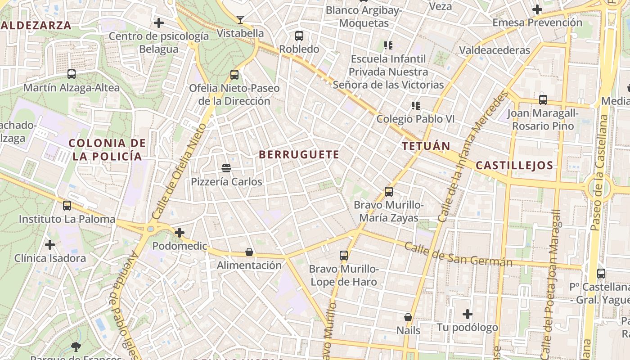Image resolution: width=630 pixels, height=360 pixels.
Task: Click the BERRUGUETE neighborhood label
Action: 299,154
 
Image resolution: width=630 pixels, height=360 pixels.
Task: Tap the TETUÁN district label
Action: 426,146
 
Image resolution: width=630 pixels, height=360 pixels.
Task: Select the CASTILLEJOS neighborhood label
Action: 514,165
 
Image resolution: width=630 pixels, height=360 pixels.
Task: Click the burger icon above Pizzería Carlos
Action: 226,168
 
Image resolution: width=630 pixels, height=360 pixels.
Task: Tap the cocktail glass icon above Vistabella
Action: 240,19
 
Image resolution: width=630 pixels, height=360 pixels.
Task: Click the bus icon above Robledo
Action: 299,36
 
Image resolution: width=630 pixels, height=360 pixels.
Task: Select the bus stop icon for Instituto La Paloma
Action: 67,206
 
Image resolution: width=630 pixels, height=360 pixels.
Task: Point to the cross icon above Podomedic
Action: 180,233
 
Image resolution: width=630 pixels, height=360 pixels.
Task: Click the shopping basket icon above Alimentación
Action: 249,252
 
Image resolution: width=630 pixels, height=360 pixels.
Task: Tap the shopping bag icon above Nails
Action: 408,317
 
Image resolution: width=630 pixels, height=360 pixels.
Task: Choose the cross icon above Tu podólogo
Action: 468,314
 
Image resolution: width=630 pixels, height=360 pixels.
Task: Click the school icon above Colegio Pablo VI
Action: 415,106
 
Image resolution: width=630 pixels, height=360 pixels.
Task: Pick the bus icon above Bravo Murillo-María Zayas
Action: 389,192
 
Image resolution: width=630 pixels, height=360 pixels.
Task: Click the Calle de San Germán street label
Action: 458,254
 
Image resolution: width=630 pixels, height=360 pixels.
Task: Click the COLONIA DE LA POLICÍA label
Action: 107,150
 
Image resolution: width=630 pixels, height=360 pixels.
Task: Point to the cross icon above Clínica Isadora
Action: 50,245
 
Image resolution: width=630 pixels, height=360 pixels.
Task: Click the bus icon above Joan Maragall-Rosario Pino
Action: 543,99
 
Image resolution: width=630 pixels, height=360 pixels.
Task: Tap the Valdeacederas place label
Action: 495,50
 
